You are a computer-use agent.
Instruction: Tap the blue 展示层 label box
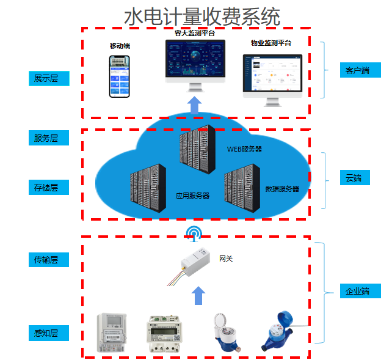coord(49,78)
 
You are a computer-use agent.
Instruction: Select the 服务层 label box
coord(49,138)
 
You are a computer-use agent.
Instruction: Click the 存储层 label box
coord(49,188)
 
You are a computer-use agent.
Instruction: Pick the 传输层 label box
coord(49,260)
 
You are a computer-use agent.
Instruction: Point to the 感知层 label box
coord(49,334)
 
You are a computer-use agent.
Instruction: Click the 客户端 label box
coord(360,70)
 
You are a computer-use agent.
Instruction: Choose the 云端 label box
coord(360,178)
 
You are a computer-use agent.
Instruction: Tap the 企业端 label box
coord(360,291)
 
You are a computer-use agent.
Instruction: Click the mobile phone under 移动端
coord(120,76)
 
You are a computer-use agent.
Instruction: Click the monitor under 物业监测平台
coord(272,76)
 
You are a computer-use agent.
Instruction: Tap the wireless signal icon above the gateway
coord(194,233)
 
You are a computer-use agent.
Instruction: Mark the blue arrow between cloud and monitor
coord(195,105)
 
